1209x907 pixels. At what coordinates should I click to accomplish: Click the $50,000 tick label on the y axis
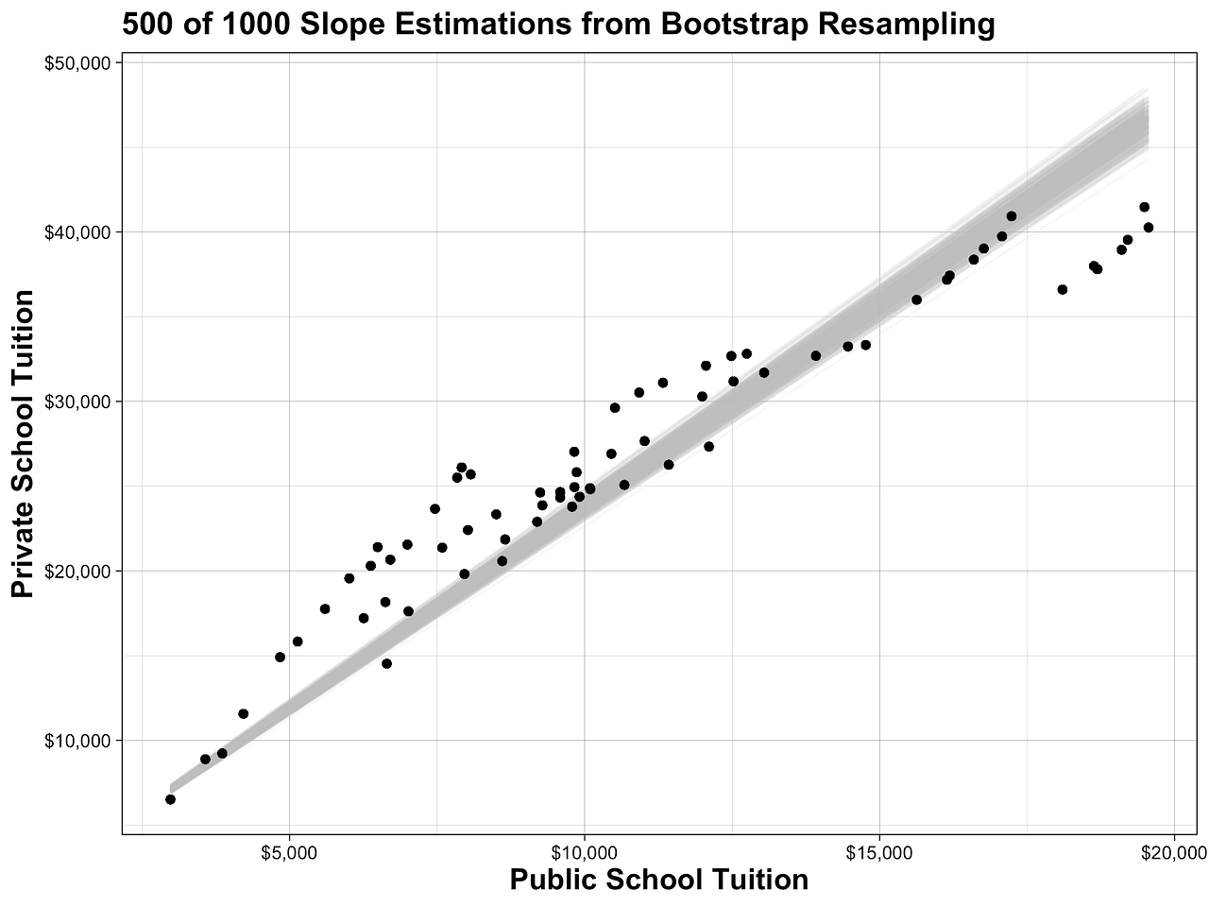[x=78, y=63]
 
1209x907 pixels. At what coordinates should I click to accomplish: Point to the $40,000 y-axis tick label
[x=78, y=232]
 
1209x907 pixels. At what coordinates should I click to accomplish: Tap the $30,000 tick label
[x=78, y=402]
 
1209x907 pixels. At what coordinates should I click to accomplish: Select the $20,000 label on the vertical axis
[x=78, y=571]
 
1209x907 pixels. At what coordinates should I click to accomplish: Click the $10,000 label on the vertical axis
[x=78, y=740]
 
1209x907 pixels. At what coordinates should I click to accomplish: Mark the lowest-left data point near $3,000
[x=170, y=799]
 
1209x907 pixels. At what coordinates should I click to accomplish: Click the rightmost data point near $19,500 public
[x=1149, y=227]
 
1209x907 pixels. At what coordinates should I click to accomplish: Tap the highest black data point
[x=1144, y=207]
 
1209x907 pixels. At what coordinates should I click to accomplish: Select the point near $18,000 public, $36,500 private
[x=1063, y=289]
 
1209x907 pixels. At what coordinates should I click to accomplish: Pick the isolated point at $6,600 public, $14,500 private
[x=386, y=663]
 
